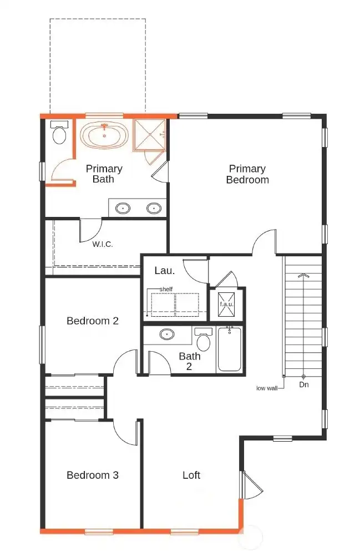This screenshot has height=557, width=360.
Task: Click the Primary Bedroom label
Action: pos(247,174)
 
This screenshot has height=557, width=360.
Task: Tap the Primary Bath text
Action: pos(104,174)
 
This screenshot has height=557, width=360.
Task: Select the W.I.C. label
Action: pos(103,244)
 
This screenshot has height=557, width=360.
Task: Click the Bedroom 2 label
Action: pos(93,321)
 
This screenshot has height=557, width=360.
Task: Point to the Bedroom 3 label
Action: pos(93,475)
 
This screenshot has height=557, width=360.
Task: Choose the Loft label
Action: pos(191,475)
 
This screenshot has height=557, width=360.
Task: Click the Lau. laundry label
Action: pos(165,271)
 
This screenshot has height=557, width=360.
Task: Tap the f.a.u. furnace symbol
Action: pos(226,304)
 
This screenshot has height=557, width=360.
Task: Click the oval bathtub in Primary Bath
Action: pos(104,135)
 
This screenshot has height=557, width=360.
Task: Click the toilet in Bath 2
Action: pos(204,340)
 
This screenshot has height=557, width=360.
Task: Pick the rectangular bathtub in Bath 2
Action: pos(230,349)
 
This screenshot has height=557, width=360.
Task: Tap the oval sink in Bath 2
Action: pos(166,335)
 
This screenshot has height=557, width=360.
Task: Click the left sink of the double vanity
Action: pos(123,209)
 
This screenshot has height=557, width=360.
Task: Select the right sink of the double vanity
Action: pos(154,209)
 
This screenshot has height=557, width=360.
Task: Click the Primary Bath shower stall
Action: pos(149,134)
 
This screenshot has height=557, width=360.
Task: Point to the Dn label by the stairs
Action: pos(304,384)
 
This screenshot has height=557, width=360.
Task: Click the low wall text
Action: pos(267,388)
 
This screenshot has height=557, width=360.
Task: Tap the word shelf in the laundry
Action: pos(166,289)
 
